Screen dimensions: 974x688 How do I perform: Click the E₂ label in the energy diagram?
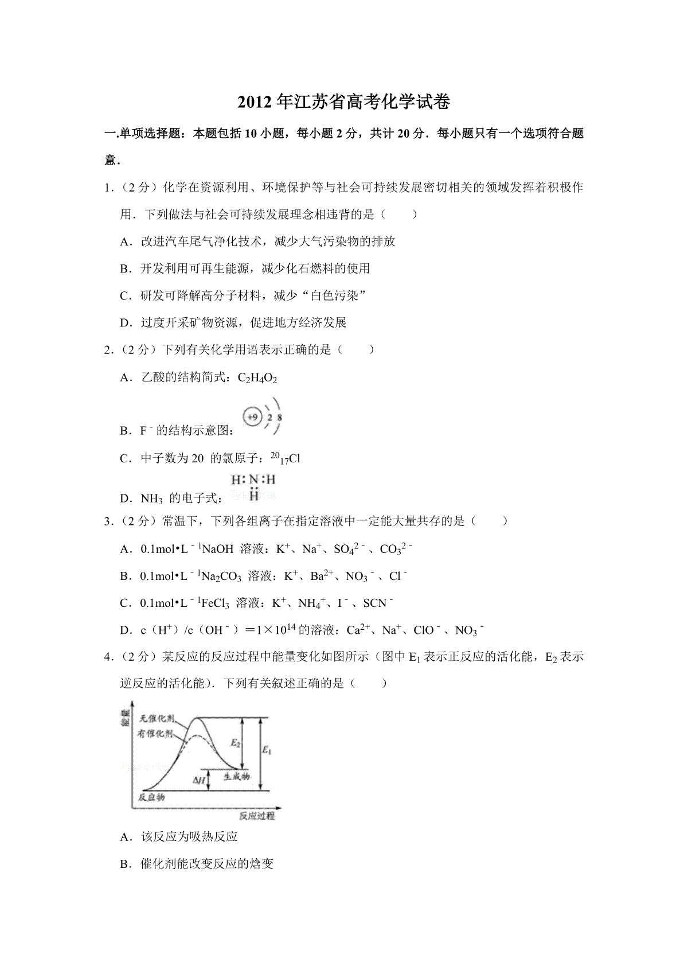pyautogui.click(x=235, y=743)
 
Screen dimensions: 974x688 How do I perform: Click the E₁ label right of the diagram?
pyautogui.click(x=267, y=749)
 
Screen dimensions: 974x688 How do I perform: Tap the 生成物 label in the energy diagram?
pyautogui.click(x=236, y=776)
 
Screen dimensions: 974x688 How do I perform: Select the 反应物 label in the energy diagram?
pyautogui.click(x=152, y=797)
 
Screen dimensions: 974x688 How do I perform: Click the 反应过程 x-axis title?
pyautogui.click(x=256, y=816)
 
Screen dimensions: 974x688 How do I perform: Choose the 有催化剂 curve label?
pyautogui.click(x=155, y=733)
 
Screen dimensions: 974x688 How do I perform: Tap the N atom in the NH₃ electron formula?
pyautogui.click(x=253, y=480)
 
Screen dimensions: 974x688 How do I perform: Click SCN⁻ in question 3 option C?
pyautogui.click(x=378, y=603)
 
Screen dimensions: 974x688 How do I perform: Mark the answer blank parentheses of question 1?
pyautogui.click(x=399, y=215)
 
